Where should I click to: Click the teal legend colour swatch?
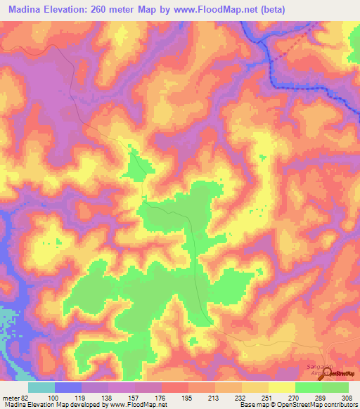tap(41, 387)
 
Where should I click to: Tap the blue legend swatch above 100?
tap(68, 387)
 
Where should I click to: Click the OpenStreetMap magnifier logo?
tap(326, 373)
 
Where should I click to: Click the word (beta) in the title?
tap(270, 10)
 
